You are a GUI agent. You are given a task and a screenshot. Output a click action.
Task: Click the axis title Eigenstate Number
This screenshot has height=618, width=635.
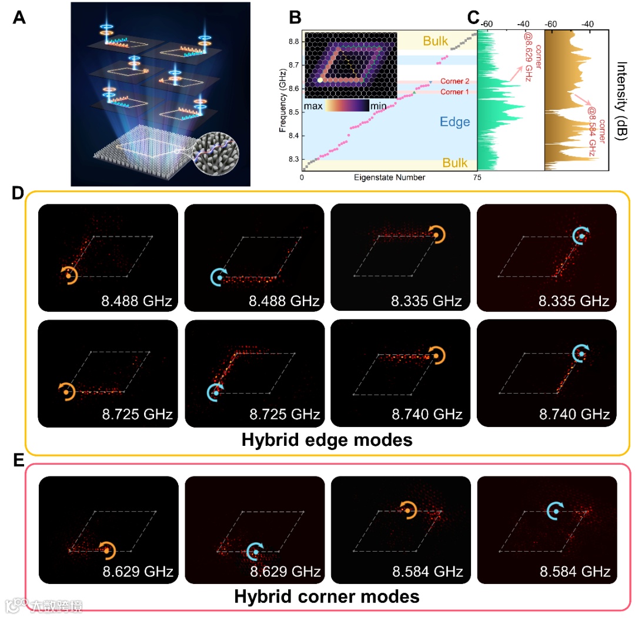click(x=389, y=177)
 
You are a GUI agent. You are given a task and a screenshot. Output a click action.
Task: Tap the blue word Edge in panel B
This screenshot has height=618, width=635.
click(x=455, y=122)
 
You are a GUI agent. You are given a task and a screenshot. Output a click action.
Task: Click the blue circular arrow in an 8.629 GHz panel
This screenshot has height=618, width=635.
click(x=255, y=551)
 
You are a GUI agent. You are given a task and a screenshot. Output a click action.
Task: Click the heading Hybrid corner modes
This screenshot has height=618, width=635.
click(x=326, y=596)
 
